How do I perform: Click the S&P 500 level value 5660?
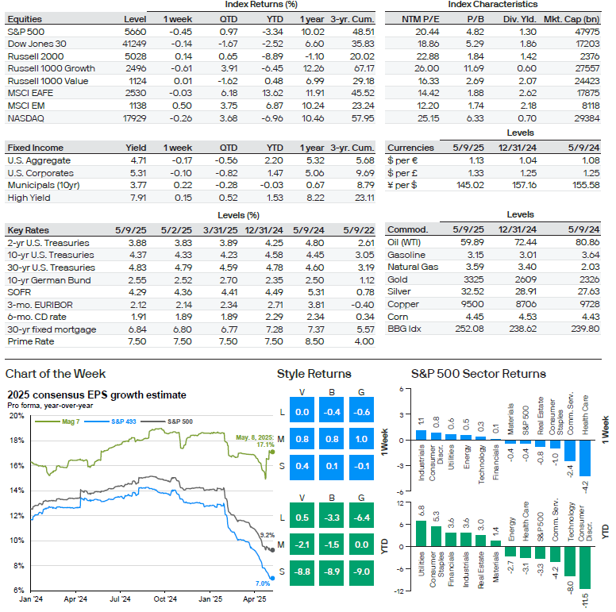tap(136, 32)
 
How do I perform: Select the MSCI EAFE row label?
tap(30, 93)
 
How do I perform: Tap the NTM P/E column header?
tap(421, 19)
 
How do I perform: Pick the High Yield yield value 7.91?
tap(138, 198)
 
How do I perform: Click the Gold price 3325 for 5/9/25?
tap(473, 279)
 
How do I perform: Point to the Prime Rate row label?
tap(31, 341)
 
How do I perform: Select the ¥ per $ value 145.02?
tap(470, 185)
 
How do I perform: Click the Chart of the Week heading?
tap(56, 374)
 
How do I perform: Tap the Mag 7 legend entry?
tap(57, 421)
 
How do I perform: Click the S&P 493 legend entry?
tap(110, 421)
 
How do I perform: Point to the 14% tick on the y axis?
tap(17, 491)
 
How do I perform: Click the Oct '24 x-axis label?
tap(165, 599)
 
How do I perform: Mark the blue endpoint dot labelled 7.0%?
tap(272, 578)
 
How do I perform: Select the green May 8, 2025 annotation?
tap(255, 441)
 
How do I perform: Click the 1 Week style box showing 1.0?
tap(361, 439)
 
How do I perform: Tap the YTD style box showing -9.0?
tap(361, 572)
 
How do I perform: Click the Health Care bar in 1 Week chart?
tap(585, 458)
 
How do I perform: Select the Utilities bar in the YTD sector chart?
tap(422, 533)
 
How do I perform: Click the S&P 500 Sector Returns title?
tap(479, 374)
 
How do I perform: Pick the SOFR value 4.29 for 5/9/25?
tap(137, 292)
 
